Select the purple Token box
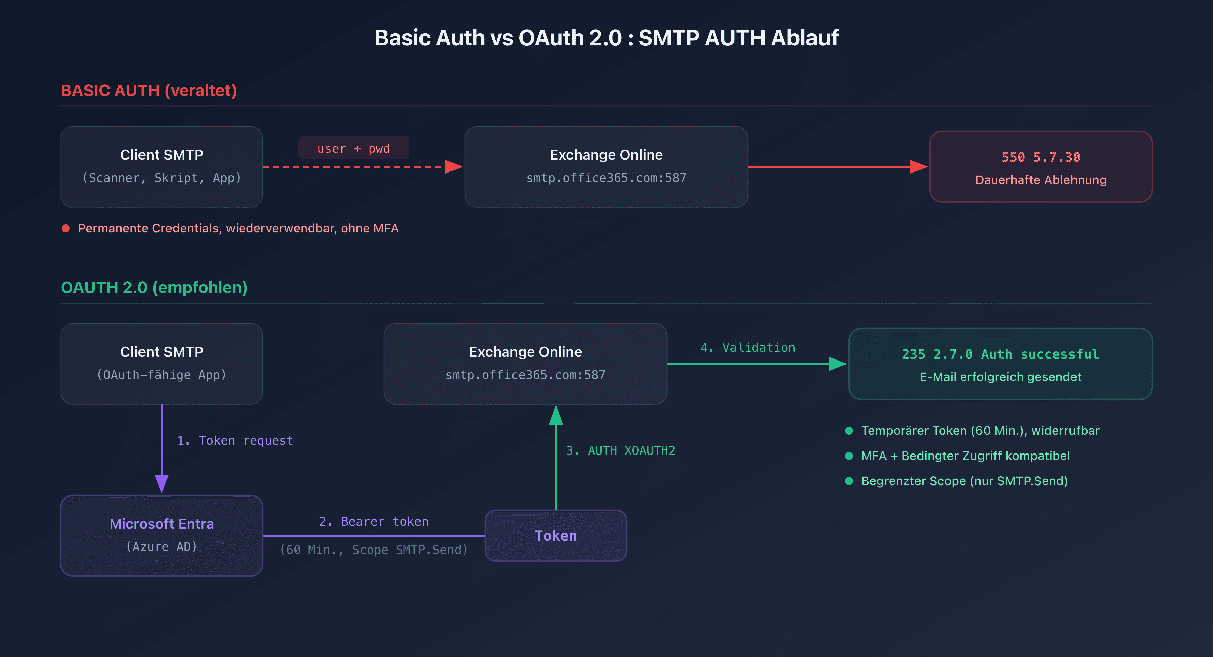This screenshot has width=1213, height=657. [x=556, y=535]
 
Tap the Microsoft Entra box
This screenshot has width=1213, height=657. [x=161, y=535]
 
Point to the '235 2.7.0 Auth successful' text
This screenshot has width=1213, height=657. [x=1000, y=354]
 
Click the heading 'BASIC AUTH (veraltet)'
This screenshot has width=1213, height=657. [x=149, y=90]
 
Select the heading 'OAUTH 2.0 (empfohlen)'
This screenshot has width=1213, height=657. [x=154, y=287]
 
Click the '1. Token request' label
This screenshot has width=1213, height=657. [x=235, y=440]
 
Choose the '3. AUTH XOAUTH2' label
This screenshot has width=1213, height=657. [x=620, y=451]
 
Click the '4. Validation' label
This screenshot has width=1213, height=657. [x=747, y=348]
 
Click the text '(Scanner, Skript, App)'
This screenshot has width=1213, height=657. [x=161, y=178]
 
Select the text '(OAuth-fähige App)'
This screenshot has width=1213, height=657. [x=161, y=375]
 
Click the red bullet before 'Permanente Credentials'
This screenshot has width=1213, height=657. [x=66, y=228]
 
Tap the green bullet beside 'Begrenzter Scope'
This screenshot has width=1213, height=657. [x=849, y=481]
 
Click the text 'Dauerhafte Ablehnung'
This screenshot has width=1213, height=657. [x=1041, y=180]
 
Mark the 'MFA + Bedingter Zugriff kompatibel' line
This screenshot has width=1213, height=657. [x=965, y=456]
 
